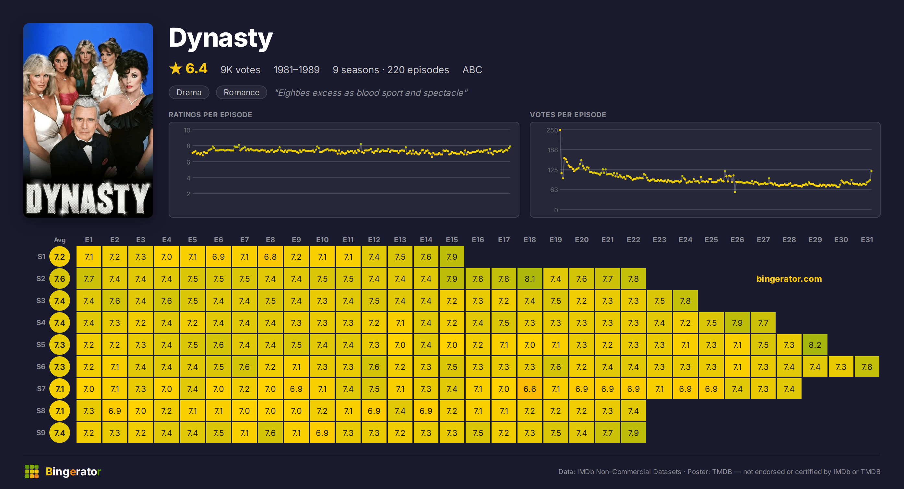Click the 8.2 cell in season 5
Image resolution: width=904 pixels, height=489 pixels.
(x=815, y=345)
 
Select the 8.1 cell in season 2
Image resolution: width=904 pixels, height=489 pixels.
(x=529, y=279)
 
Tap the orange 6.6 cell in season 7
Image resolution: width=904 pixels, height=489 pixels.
(x=529, y=389)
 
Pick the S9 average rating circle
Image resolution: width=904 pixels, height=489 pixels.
(x=60, y=433)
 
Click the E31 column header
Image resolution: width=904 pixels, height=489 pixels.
(x=867, y=240)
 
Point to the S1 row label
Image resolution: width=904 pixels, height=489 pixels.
(x=42, y=256)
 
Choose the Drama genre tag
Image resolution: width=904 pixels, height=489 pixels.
(x=189, y=92)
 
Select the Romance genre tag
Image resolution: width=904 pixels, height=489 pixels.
(x=242, y=92)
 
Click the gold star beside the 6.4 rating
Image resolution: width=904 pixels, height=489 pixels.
(x=175, y=68)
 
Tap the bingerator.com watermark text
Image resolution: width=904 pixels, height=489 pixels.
(x=789, y=279)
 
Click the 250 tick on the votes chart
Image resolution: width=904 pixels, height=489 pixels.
(x=552, y=130)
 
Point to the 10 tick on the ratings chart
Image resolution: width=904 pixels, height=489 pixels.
(x=187, y=130)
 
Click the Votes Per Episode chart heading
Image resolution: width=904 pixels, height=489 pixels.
(x=568, y=115)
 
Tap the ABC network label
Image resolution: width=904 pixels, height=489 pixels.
(x=472, y=70)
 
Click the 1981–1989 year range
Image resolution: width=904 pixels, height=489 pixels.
(x=297, y=70)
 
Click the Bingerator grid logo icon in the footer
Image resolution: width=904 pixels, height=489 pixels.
(x=31, y=472)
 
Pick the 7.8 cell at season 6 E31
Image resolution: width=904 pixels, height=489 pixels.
(x=867, y=367)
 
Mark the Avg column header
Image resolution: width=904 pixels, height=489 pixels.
(x=60, y=240)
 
